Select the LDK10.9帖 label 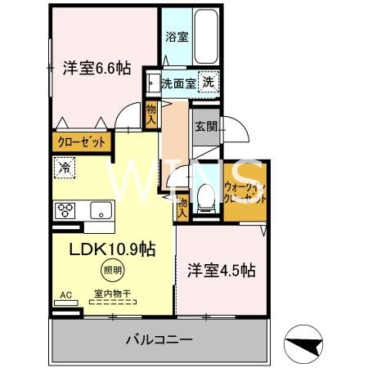[112, 248]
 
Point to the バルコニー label [159, 338]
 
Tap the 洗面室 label [177, 83]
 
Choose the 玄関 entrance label [204, 127]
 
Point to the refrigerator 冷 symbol [64, 169]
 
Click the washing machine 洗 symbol [209, 82]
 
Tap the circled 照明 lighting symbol [112, 271]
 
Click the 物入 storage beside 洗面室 [151, 113]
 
